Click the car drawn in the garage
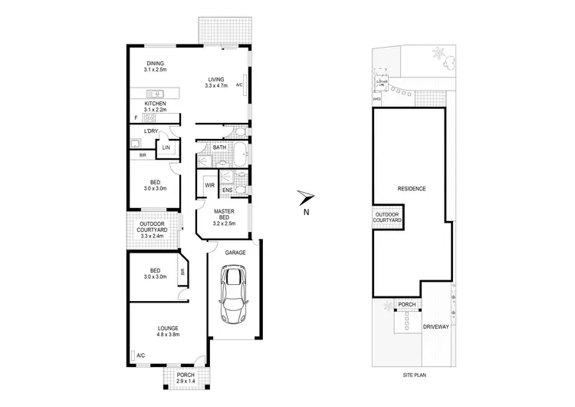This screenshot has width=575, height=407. [x=234, y=294]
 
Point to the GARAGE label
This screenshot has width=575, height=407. [x=235, y=251]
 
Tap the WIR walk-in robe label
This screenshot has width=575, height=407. [x=209, y=185]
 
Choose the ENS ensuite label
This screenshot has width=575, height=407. [x=228, y=190]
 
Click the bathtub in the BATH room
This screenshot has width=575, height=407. [x=239, y=154]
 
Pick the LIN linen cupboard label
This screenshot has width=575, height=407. [x=166, y=147]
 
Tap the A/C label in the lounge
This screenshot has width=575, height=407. [x=140, y=355]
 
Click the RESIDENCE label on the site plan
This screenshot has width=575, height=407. [x=411, y=189]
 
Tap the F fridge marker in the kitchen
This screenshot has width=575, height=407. [x=135, y=117]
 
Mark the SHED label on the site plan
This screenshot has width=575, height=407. [x=376, y=98]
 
